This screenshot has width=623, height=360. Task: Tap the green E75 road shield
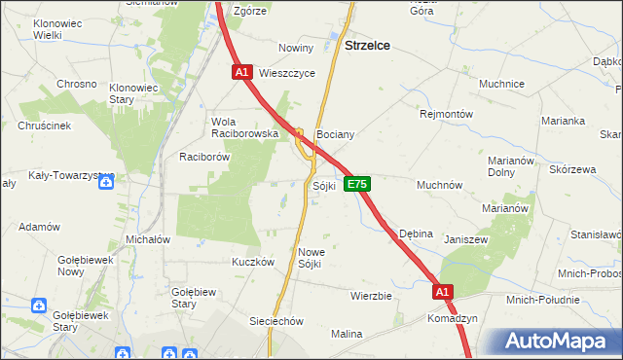click(357, 184)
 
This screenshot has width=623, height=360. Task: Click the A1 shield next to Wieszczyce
click(242, 72)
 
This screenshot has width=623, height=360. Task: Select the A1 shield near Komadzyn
click(443, 292)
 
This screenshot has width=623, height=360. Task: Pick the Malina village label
click(346, 334)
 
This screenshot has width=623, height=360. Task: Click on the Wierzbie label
click(371, 296)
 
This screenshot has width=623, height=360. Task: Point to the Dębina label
click(416, 234)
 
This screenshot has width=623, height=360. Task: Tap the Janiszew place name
click(464, 238)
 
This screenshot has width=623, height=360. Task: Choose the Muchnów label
click(439, 185)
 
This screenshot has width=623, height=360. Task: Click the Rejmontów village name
click(446, 114)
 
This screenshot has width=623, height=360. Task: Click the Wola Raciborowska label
click(245, 127)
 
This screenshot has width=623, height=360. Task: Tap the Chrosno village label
click(77, 84)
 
